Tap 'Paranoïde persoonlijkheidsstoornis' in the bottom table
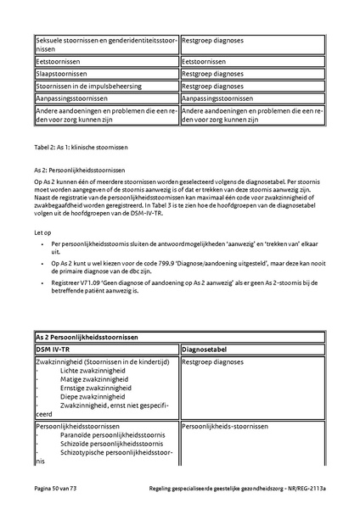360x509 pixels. pyautogui.click(x=113, y=434)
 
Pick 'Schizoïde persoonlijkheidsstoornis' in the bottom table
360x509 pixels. pyautogui.click(x=112, y=443)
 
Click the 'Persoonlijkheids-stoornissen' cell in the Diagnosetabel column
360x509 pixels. pyautogui.click(x=225, y=425)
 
